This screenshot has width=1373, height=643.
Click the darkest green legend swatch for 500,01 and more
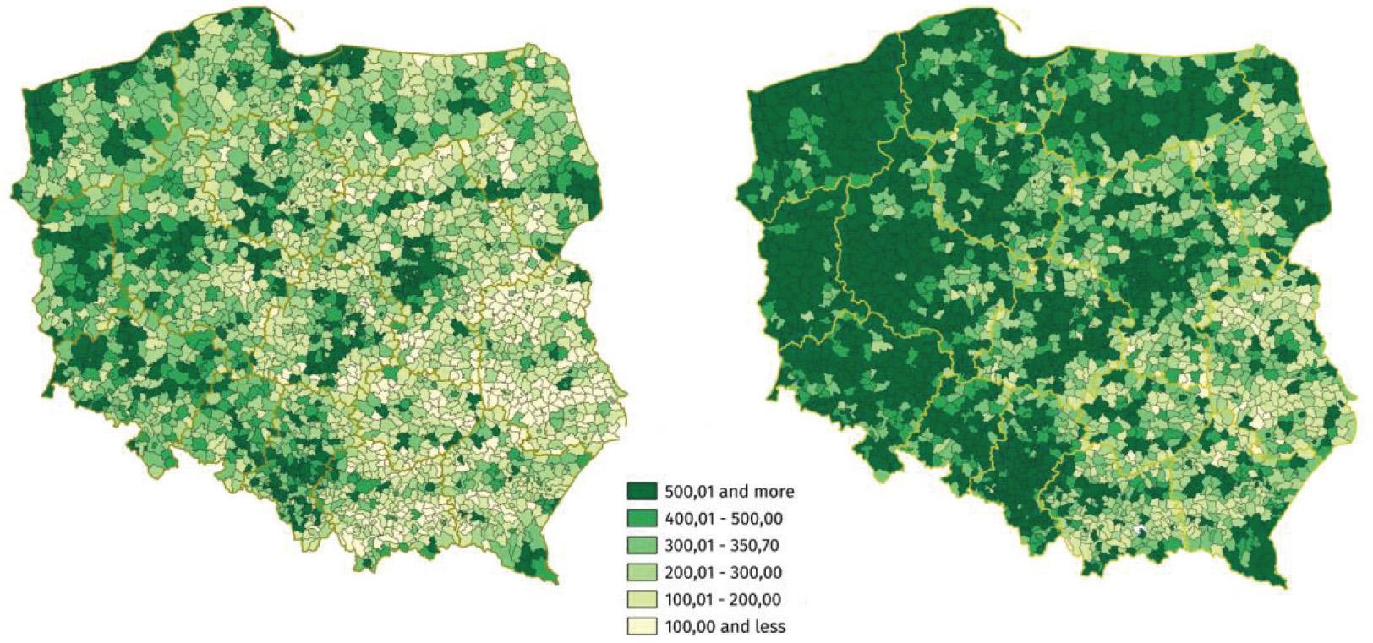click(641, 490)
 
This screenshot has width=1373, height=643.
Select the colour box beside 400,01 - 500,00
click(641, 517)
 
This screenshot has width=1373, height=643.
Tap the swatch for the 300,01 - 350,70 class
click(641, 545)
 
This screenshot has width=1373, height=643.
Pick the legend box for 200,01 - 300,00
click(641, 572)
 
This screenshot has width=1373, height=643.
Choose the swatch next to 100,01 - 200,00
click(641, 599)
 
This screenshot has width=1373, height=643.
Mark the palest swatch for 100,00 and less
click(641, 626)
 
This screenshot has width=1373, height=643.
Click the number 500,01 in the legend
click(689, 490)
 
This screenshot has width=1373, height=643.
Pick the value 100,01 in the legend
click(689, 600)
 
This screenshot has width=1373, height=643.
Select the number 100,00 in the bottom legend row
click(689, 627)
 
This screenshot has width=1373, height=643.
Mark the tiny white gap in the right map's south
click(1141, 531)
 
